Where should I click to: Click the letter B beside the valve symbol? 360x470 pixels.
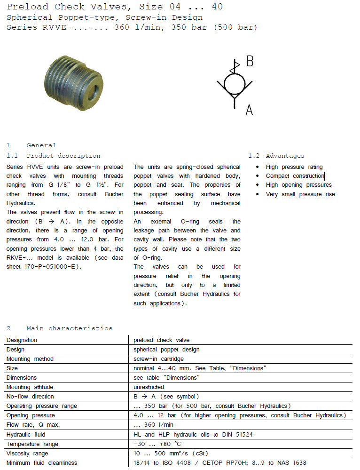coord(250,62)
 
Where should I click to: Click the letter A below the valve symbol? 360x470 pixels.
coord(249,110)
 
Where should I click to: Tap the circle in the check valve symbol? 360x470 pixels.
coord(234,84)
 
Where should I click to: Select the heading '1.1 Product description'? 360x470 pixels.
coord(53,156)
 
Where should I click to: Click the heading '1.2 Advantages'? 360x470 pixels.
coord(276,156)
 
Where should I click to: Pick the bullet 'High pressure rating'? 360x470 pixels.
coord(294,167)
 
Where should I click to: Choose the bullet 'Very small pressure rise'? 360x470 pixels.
coord(300,194)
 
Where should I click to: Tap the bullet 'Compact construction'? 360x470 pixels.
coord(295,176)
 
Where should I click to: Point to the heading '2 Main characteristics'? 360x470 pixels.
coord(59,328)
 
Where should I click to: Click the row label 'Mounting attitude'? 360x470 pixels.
coord(30,387)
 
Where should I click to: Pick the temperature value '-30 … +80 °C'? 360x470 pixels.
coord(157,444)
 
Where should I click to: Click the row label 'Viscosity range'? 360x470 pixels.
coord(27,453)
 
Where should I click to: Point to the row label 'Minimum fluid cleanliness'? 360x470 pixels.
coord(42,463)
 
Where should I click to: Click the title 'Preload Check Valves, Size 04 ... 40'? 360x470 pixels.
coord(115,7)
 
